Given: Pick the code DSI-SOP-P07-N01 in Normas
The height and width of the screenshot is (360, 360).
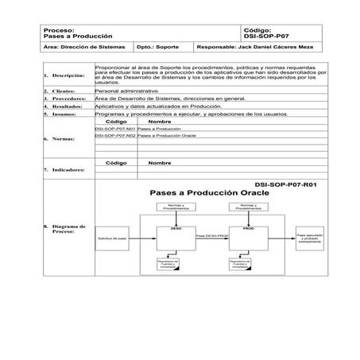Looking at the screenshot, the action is pyautogui.click(x=115, y=128).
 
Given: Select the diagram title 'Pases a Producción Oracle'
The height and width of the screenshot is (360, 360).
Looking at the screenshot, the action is pyautogui.click(x=205, y=194).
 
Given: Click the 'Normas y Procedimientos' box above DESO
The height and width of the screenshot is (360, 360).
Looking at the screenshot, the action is pyautogui.click(x=176, y=207).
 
